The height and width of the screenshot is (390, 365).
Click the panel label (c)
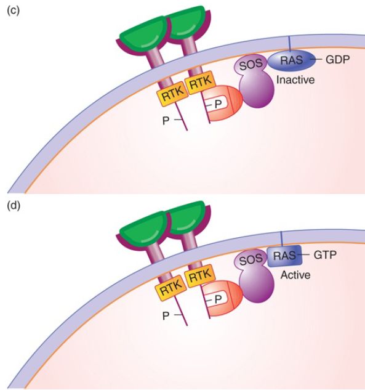click(13, 11)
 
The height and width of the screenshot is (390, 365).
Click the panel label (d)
click(14, 206)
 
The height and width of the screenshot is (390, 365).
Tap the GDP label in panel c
click(337, 59)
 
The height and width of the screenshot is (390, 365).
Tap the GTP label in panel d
click(325, 254)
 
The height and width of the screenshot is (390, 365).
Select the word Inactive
click(295, 80)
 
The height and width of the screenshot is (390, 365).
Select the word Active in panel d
click(295, 275)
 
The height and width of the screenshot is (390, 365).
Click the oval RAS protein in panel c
click(291, 60)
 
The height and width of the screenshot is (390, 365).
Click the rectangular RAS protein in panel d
click(284, 256)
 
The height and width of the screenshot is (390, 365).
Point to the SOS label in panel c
click(251, 65)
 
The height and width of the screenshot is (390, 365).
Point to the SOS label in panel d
click(251, 260)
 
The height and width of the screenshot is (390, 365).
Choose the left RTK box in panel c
click(172, 95)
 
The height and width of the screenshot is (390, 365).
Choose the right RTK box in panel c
click(201, 83)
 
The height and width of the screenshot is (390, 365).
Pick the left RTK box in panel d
click(172, 290)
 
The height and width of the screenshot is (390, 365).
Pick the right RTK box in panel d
click(200, 276)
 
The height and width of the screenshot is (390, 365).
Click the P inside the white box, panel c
click(218, 104)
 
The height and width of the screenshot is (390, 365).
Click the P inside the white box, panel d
click(218, 299)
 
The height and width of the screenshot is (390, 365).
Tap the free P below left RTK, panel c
click(166, 121)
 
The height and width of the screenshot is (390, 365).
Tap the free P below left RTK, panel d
click(166, 315)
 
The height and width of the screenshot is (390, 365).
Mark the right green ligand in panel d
click(186, 217)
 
